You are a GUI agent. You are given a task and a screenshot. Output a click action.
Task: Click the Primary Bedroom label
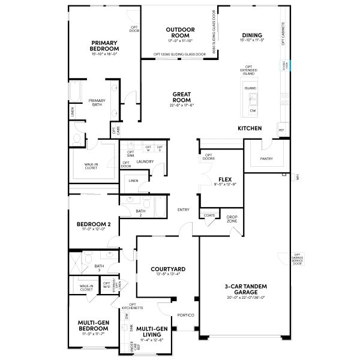coord(104,46)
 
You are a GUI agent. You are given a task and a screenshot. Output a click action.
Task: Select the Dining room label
coord(252,35)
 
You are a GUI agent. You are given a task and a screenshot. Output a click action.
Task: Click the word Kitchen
coord(250,128)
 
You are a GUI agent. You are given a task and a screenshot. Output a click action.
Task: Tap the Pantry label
coord(267,159)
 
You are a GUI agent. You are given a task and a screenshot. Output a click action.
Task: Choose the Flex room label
coord(226,179)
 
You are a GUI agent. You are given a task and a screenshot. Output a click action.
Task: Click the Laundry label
coord(145,161)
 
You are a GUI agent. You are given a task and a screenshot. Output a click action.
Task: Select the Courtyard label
coord(167,269)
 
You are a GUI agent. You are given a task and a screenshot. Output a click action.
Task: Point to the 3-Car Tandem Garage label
coord(246,289)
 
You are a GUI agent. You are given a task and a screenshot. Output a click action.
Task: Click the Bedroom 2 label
coord(91,225)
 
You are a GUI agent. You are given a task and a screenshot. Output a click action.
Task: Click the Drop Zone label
coord(232,219)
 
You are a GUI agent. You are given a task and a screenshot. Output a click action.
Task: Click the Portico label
coord(182,314)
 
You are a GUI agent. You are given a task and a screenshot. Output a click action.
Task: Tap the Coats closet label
coord(209,215)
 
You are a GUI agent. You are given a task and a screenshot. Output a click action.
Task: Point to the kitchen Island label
coord(250,88)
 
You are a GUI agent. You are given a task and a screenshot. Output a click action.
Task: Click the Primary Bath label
coord(97,103)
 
